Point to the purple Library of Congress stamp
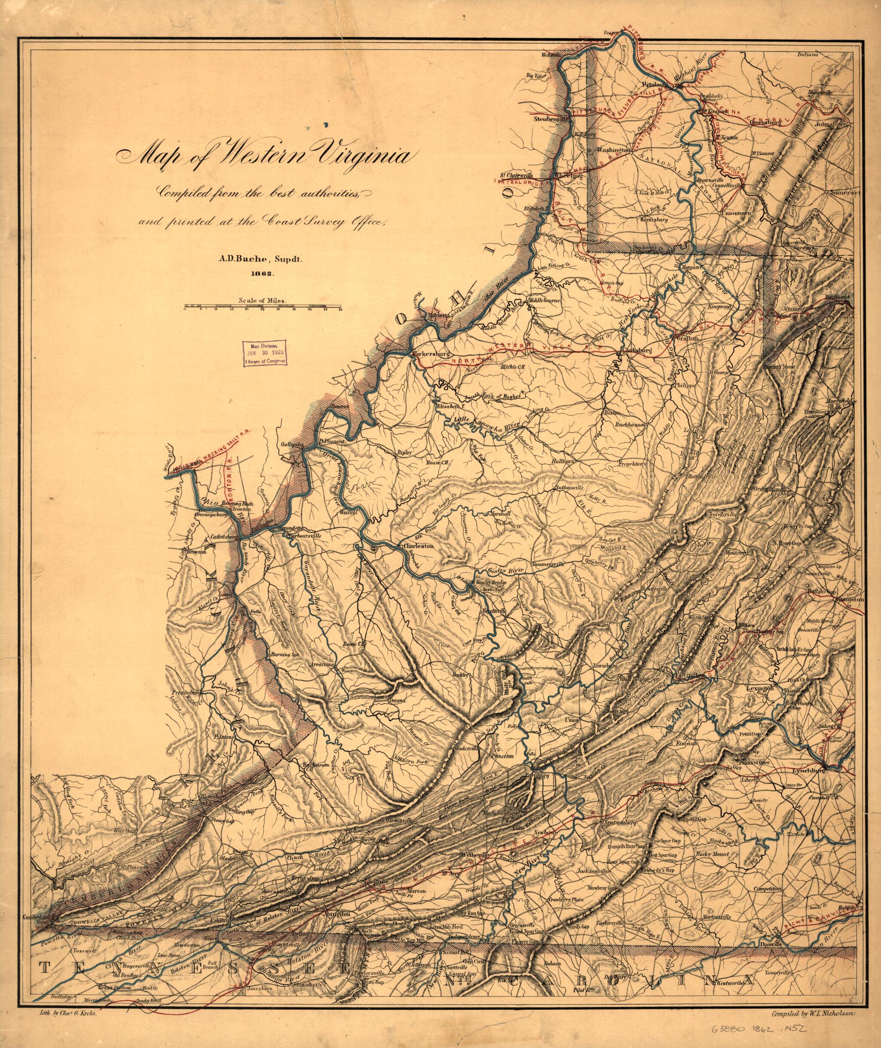266,354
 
